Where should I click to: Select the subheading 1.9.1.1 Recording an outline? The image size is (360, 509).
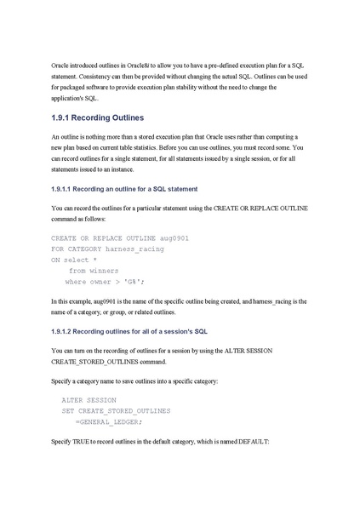click(x=124, y=188)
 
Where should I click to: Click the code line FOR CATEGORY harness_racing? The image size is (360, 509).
click(x=107, y=249)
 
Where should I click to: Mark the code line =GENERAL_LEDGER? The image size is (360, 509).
click(x=109, y=421)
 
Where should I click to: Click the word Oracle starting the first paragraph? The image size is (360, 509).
click(x=62, y=66)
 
